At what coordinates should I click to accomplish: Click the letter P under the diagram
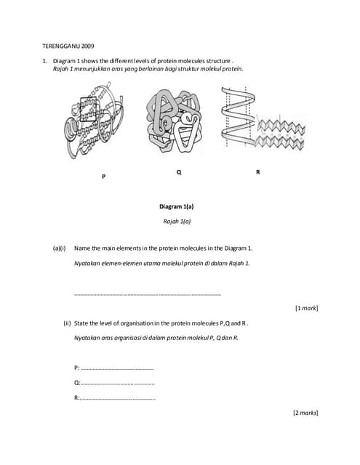(x=103, y=177)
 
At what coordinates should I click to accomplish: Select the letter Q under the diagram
(x=179, y=172)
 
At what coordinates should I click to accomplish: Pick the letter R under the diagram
(x=257, y=172)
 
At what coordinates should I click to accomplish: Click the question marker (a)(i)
(x=60, y=248)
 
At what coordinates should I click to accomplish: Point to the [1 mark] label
(x=306, y=309)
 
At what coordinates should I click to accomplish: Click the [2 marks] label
(x=305, y=413)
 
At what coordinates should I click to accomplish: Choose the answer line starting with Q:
(x=114, y=383)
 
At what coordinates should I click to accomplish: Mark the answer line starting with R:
(x=114, y=398)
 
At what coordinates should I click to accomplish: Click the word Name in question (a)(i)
(x=83, y=248)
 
